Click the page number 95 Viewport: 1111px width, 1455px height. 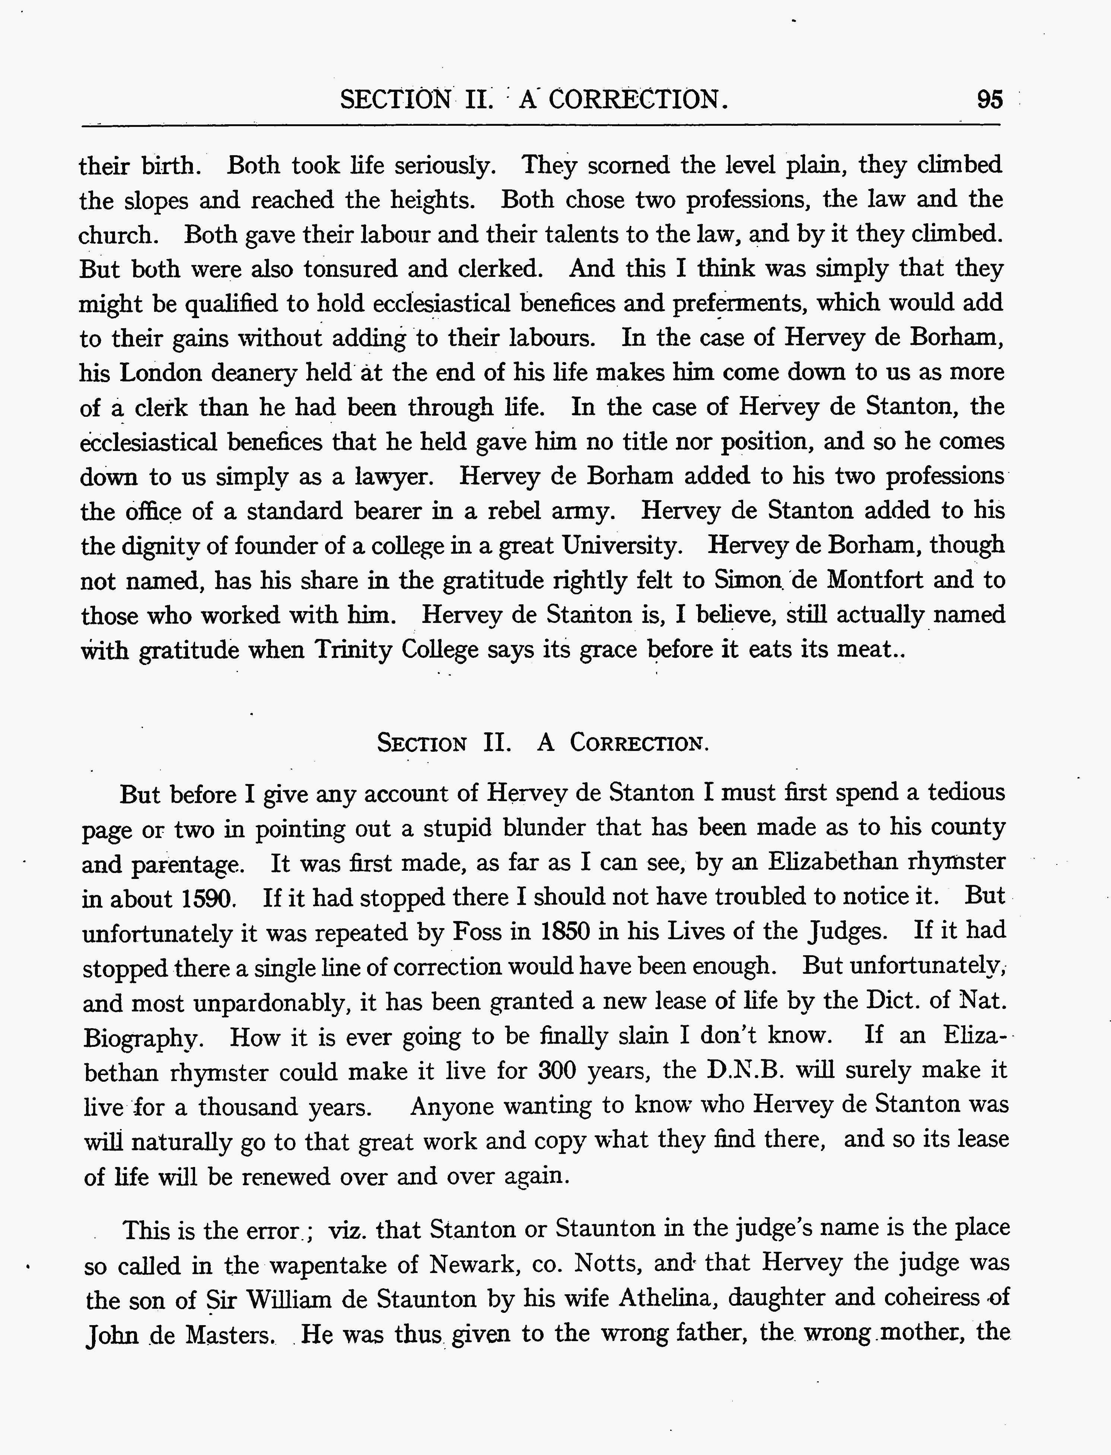[989, 100]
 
